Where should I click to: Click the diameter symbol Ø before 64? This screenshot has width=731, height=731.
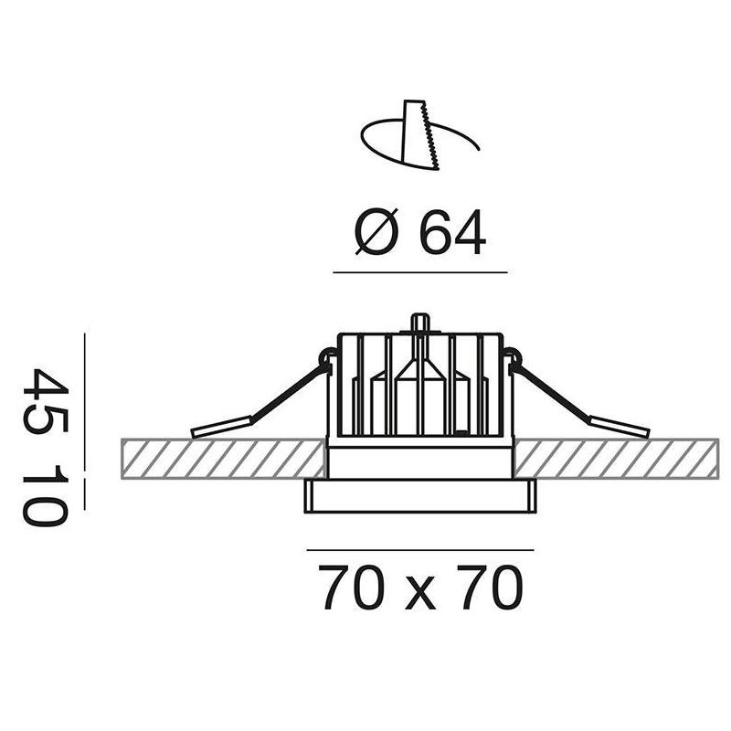click(376, 232)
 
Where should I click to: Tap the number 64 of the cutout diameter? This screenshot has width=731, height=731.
click(453, 232)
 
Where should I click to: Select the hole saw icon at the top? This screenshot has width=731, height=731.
click(420, 135)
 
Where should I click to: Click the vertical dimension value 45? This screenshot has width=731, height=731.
click(46, 401)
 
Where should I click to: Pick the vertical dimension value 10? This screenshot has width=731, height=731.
click(46, 495)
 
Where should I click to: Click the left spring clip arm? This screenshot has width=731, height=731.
click(261, 397)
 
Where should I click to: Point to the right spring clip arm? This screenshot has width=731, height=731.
click(578, 397)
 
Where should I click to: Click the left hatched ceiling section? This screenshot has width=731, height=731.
click(223, 459)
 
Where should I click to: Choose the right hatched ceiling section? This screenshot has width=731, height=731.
click(616, 459)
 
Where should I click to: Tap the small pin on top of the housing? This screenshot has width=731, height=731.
click(420, 323)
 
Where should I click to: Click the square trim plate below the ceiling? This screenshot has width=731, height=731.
click(420, 496)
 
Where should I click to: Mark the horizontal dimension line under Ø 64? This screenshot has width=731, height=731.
click(420, 272)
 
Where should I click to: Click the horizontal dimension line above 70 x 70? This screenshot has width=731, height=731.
click(420, 550)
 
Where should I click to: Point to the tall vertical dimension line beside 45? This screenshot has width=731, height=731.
click(84, 402)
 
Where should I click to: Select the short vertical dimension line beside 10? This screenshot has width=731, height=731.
click(84, 494)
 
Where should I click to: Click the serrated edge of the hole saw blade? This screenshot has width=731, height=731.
click(430, 136)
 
